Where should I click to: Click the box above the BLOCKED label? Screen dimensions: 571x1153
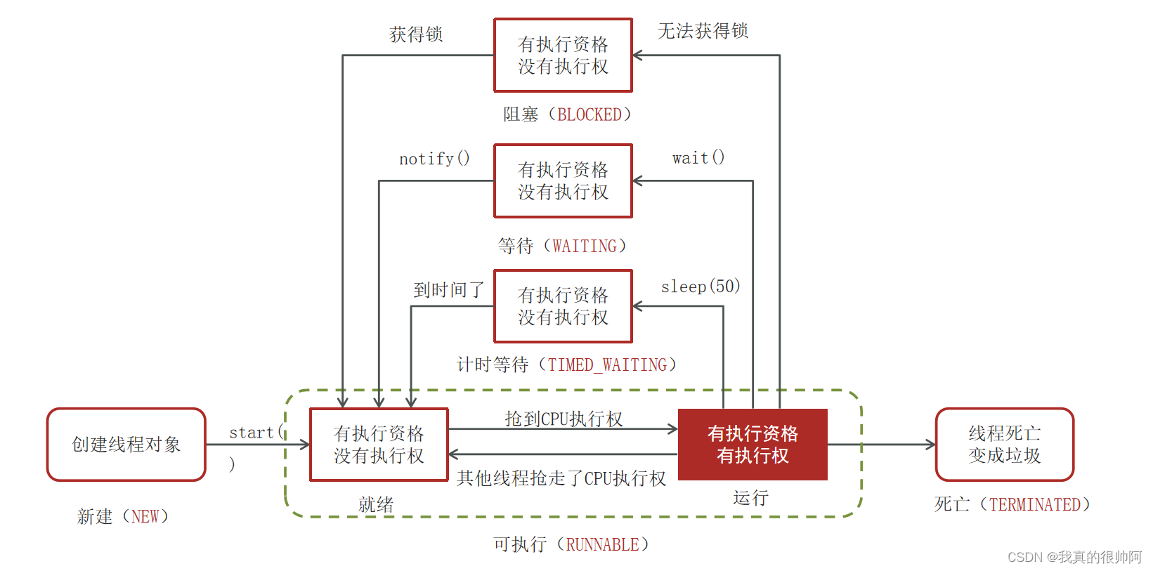click(563, 55)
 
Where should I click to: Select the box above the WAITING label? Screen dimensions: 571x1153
click(563, 181)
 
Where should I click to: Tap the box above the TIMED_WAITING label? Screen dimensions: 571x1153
click(563, 306)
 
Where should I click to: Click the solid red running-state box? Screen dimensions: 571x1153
click(753, 445)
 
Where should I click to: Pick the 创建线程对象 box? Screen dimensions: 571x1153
click(126, 445)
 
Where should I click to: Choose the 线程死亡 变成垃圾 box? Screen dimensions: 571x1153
click(1004, 445)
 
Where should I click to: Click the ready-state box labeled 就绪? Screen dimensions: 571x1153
click(379, 445)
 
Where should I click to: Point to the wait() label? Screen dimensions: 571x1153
click(698, 158)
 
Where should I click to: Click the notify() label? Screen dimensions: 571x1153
click(434, 159)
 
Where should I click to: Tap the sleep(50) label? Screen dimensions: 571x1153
click(701, 287)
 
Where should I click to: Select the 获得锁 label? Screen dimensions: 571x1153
click(416, 34)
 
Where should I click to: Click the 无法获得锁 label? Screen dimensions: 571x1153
click(703, 31)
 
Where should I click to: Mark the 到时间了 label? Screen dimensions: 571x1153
click(449, 289)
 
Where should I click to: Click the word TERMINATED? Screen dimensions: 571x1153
click(1034, 504)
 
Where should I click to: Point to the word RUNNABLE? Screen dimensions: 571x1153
click(602, 544)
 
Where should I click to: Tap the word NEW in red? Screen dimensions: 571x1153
click(145, 516)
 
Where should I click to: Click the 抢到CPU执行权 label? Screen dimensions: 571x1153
click(564, 419)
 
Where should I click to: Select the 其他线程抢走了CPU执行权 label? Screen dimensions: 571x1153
click(561, 478)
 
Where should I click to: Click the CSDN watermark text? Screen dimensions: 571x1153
click(1074, 557)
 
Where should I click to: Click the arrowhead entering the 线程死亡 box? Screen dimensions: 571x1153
click(931, 445)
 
